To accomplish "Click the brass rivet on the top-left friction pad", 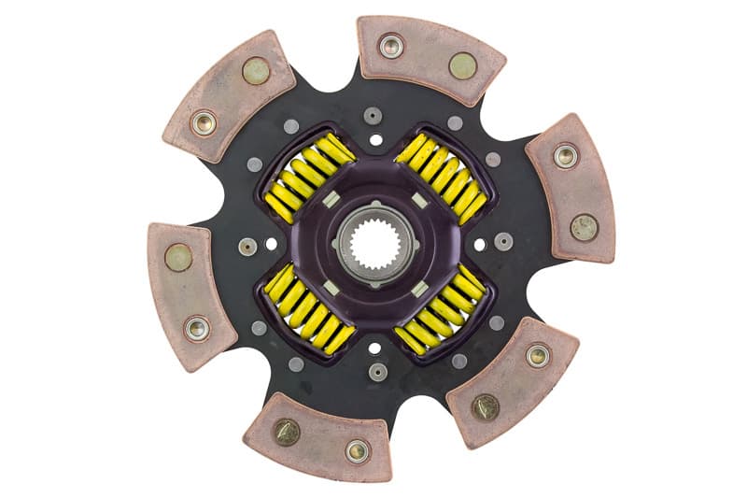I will pos(255,71).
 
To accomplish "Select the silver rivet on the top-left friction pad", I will pos(203,122).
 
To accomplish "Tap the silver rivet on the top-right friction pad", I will pos(391,46).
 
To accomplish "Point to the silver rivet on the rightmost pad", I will pos(564,155).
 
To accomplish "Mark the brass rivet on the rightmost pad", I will pos(585,226).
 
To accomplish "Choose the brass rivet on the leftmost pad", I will pos(178,257).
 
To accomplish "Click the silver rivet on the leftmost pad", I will pos(197,328).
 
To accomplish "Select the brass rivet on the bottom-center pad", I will pos(286,431).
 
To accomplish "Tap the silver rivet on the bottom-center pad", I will pos(357,450).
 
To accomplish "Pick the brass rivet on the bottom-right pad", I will pos(485,406).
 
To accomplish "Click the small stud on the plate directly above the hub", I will pos(374,116).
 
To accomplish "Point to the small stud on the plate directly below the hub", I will pos(377,371).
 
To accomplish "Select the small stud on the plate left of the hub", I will pos(247,247).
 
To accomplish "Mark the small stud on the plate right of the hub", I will pos(503,241).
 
